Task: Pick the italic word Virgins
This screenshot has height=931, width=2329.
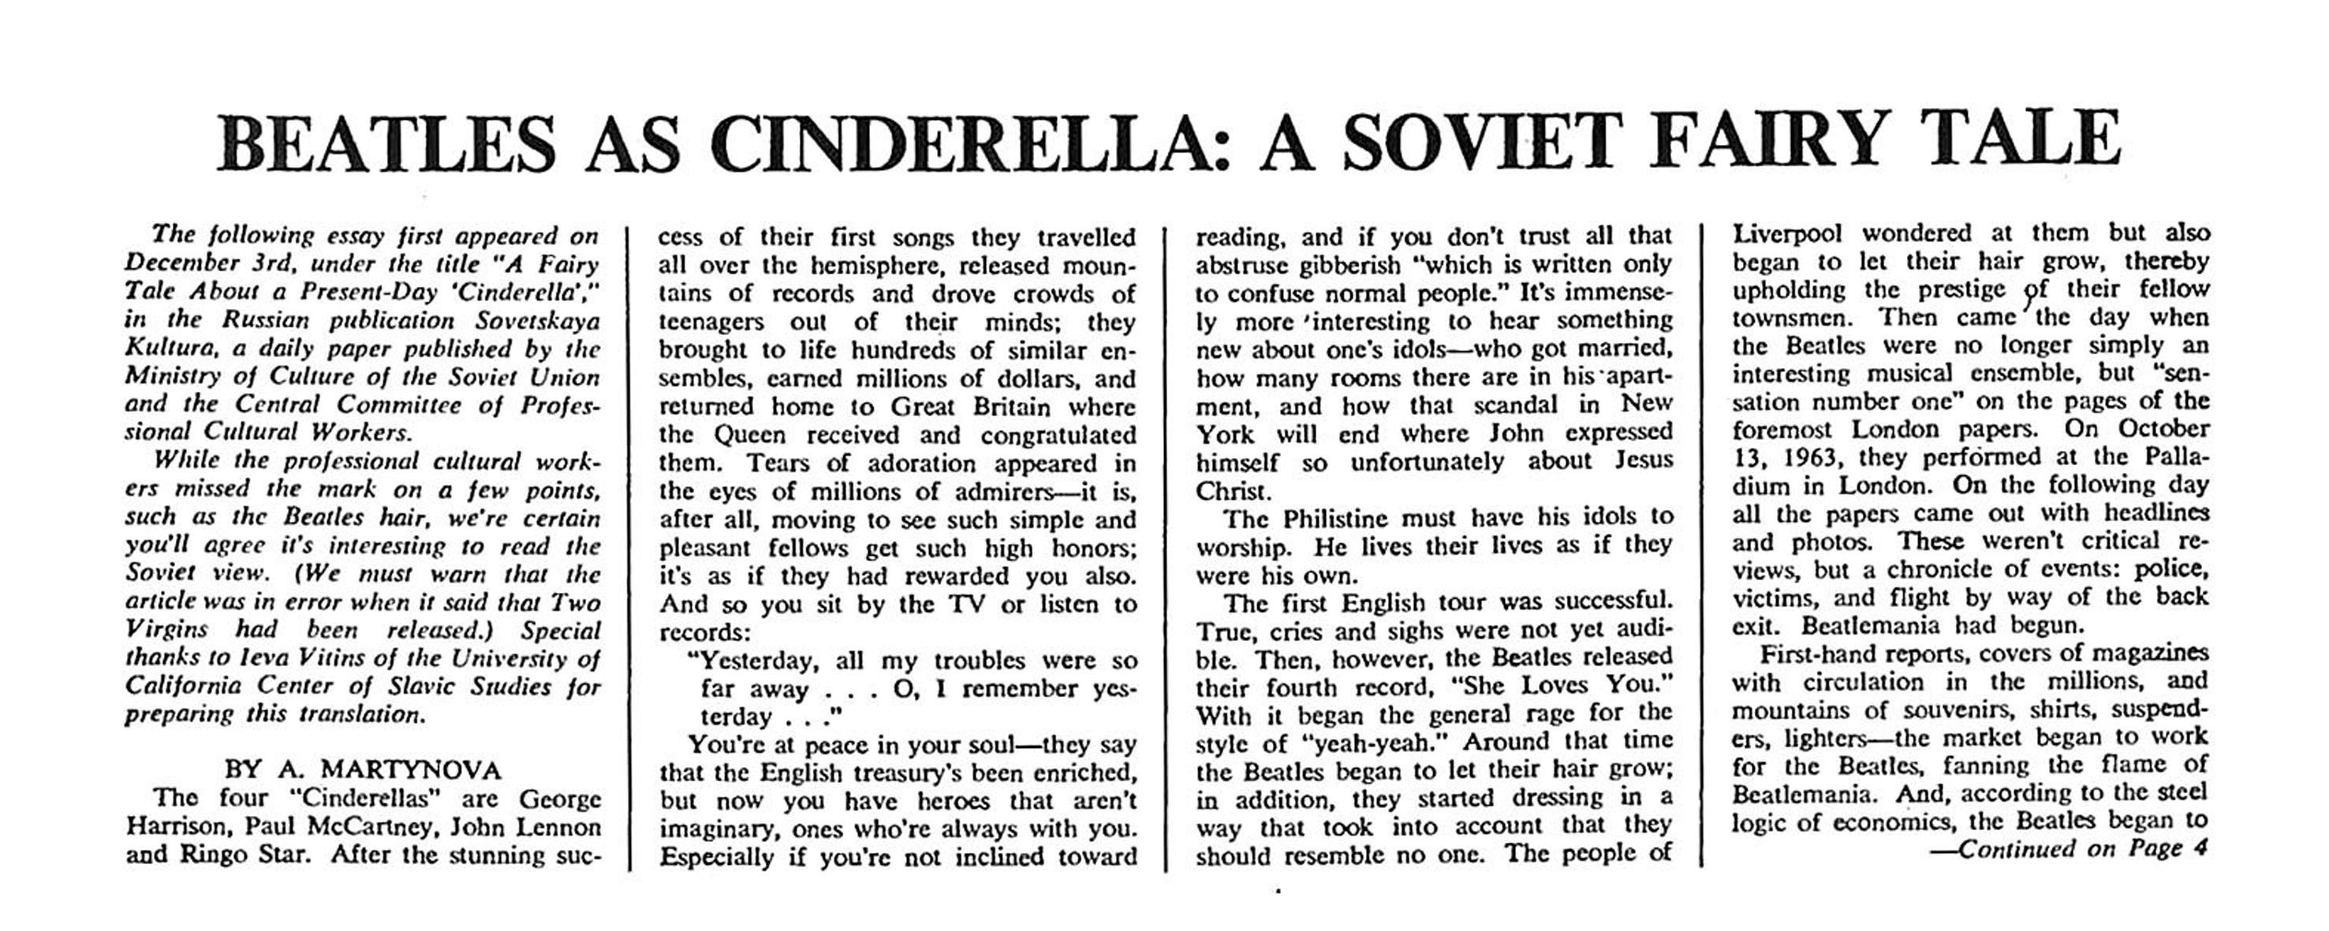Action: (166, 630)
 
